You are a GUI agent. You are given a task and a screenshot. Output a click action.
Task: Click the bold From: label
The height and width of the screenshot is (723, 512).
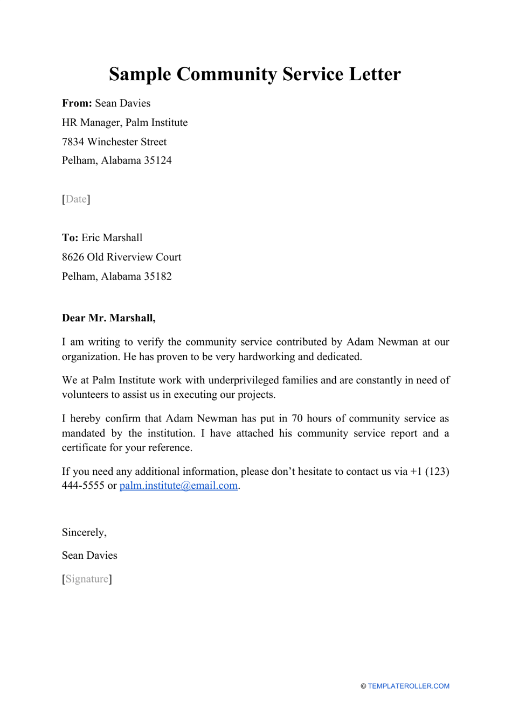coord(77,103)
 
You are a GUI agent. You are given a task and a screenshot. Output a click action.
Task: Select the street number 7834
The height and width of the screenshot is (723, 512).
coord(73,142)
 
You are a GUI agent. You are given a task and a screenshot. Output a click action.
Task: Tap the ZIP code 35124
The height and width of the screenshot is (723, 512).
coord(158,160)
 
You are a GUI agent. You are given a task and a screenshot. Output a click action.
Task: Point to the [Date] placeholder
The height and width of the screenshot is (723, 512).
coord(76,199)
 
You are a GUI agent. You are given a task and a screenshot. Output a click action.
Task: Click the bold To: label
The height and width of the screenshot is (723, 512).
coord(70,238)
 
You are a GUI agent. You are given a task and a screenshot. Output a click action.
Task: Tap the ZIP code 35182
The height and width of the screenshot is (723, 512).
coord(158,277)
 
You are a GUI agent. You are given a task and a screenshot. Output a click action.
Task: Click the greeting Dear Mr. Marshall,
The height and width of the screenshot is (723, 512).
coord(108,318)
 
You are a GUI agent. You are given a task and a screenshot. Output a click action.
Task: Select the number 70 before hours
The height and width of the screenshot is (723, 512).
coord(297,419)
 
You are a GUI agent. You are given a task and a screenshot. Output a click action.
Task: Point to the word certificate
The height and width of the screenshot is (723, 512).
coord(84,448)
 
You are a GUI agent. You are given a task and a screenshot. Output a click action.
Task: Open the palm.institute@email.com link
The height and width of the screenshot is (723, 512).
coord(178,486)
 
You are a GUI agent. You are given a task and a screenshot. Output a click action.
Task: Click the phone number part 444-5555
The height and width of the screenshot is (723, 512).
coord(83,486)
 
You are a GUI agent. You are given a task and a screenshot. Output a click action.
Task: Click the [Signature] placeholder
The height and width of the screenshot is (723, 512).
coord(87,579)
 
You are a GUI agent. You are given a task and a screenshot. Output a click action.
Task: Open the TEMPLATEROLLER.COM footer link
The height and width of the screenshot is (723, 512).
coord(408,686)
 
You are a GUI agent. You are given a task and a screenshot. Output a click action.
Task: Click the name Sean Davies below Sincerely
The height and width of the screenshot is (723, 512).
coord(89,556)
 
